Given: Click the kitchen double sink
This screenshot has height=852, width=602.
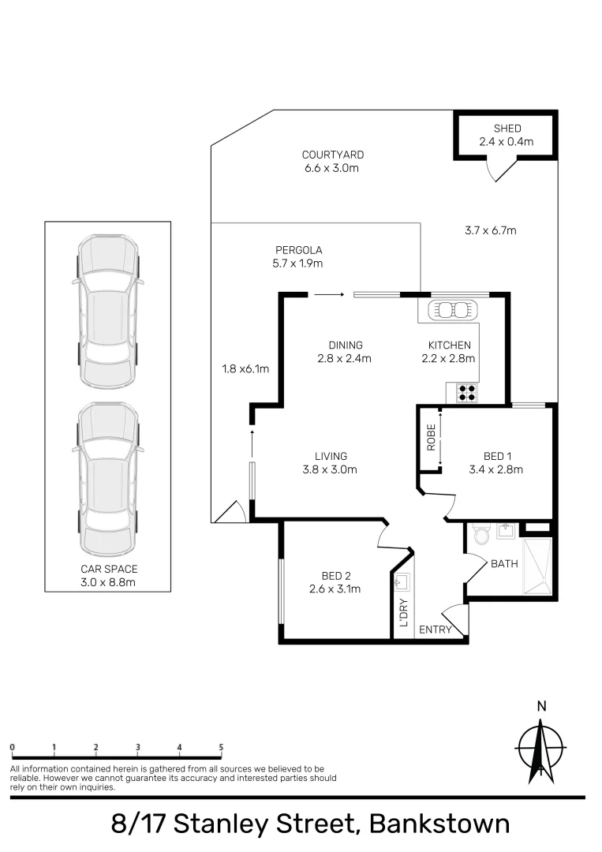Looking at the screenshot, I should [454, 310].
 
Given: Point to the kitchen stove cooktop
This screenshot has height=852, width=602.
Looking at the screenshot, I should [466, 392].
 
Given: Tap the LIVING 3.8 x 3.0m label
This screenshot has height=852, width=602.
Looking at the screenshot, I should [331, 462].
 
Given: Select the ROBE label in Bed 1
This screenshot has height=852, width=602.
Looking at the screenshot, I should [431, 438].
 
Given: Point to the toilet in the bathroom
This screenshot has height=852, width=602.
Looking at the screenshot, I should [481, 535].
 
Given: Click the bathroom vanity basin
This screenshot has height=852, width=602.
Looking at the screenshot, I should [505, 531].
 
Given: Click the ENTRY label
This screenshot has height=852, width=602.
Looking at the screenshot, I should [436, 629].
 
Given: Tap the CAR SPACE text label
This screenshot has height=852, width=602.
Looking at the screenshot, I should [108, 575].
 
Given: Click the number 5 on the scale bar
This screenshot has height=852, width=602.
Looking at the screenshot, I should [221, 747].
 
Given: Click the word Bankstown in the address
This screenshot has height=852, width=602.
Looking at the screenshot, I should [439, 824].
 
